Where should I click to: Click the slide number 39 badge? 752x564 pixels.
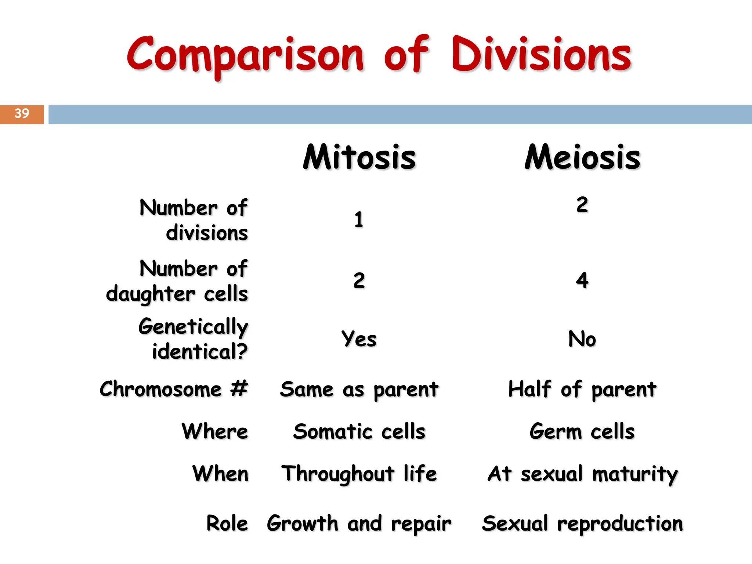22,114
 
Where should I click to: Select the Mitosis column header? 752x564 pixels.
359,157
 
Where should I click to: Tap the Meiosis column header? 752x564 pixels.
582,157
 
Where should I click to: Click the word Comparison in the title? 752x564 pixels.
245,55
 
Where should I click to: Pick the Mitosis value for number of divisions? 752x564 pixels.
359,220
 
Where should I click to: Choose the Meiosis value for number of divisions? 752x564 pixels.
582,205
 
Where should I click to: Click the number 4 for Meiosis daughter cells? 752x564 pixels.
582,281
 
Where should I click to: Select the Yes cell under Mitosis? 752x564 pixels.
359,339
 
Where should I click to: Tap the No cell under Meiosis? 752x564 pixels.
582,339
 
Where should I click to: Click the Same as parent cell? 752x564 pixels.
359,389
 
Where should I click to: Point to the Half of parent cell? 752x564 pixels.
582,389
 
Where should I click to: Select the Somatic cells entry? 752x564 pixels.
359,431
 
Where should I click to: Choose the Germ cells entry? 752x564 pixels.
582,431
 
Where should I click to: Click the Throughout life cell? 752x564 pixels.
359,474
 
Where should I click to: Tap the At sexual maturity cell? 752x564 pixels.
582,474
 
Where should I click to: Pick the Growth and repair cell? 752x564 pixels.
359,524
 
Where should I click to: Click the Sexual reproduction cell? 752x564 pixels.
582,524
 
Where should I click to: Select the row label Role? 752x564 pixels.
227,523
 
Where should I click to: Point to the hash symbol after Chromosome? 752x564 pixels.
239,388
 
